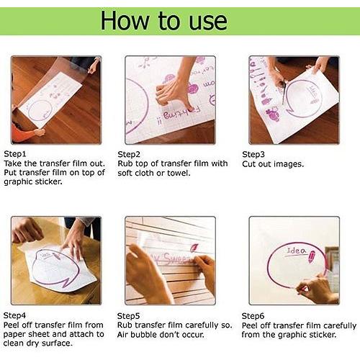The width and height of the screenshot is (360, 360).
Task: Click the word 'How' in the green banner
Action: coord(125,21)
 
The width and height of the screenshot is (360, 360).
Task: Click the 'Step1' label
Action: coord(15,154)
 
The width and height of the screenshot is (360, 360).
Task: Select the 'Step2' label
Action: coord(129,155)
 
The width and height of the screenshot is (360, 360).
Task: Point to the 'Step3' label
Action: coord(253,155)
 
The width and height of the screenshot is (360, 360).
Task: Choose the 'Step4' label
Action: coord(14,315)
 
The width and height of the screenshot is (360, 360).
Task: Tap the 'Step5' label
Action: coord(128,316)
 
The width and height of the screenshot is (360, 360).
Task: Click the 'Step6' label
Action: coord(253,316)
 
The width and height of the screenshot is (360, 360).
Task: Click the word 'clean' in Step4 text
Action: coord(14,343)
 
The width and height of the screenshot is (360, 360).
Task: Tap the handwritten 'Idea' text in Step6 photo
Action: coord(297,251)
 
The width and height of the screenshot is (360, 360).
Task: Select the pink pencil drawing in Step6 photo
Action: coord(312,257)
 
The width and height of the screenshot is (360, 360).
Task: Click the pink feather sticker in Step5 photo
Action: coord(194,248)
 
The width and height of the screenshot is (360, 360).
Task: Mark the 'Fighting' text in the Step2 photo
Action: coord(179,114)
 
